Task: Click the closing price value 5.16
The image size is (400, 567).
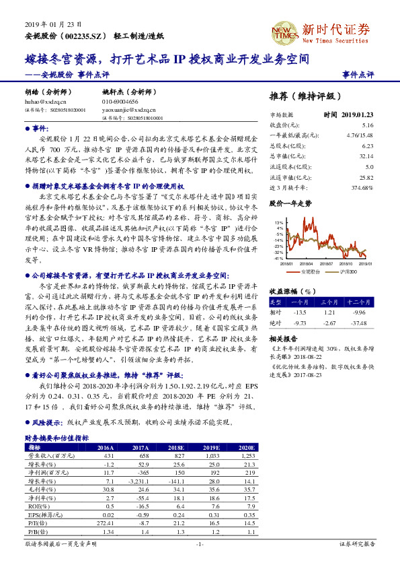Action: [x=367, y=125]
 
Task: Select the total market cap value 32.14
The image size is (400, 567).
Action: [x=366, y=155]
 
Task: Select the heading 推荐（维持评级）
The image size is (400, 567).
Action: [x=301, y=95]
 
